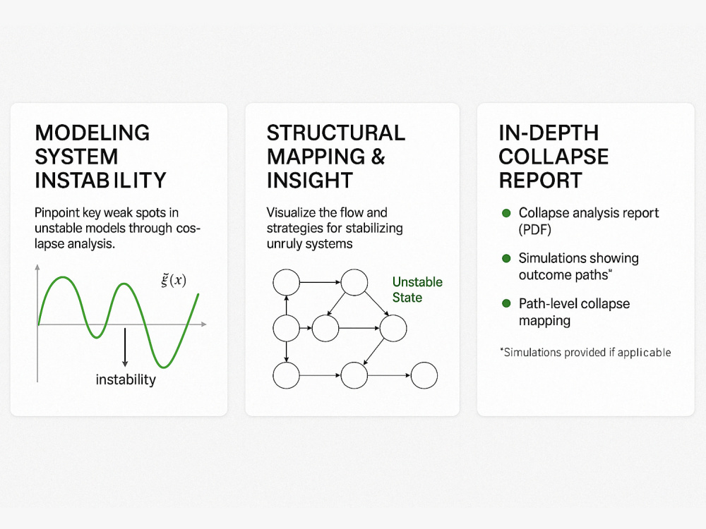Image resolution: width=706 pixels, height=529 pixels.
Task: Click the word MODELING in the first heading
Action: [92, 133]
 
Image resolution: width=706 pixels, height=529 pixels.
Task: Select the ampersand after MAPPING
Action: [378, 157]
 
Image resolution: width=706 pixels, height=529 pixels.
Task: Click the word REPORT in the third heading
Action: [541, 180]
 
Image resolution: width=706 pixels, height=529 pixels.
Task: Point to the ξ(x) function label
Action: [174, 280]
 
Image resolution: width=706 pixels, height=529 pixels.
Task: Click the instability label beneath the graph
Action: [126, 379]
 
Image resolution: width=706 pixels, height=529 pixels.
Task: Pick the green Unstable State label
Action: [417, 289]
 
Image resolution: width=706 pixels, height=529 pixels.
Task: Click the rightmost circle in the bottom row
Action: [424, 375]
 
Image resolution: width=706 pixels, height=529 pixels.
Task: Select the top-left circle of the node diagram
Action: [286, 283]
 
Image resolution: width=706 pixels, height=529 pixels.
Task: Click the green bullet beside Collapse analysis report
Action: [505, 213]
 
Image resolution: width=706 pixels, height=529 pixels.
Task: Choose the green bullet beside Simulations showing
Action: [505, 258]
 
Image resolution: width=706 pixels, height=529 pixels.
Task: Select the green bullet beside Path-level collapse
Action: [505, 303]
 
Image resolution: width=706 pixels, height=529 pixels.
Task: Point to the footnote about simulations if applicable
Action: [585, 352]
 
